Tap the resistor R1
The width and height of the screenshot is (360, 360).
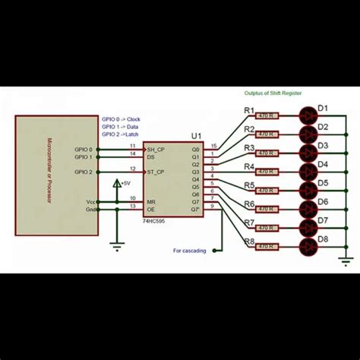click(x=267, y=116)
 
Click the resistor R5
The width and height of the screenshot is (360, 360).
click(x=267, y=191)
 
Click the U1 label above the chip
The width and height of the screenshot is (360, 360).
click(x=197, y=136)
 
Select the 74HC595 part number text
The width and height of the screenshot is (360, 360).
click(x=156, y=221)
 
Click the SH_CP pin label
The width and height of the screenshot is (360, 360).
click(x=156, y=149)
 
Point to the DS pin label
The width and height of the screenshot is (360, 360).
click(x=151, y=156)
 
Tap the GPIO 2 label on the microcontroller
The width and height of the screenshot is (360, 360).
click(x=83, y=172)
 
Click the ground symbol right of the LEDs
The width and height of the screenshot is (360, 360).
click(x=346, y=262)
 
